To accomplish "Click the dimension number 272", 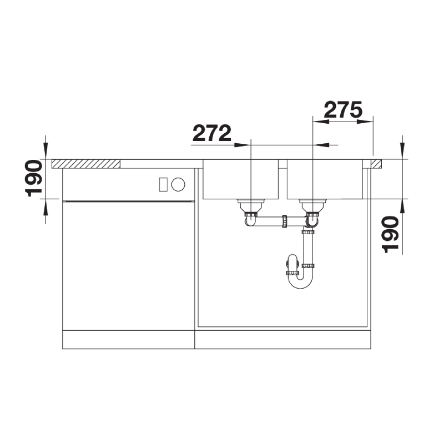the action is pyautogui.click(x=212, y=133).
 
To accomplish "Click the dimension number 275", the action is pyautogui.click(x=343, y=109).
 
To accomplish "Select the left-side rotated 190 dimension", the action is pyautogui.click(x=33, y=178).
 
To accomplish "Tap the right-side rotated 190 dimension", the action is pyautogui.click(x=390, y=234).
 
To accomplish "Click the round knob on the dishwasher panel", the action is pyautogui.click(x=178, y=184).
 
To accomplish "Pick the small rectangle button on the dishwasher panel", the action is pyautogui.click(x=163, y=184).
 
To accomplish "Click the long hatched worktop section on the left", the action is pyautogui.click(x=86, y=164).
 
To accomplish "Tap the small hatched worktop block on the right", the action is pyautogui.click(x=376, y=164).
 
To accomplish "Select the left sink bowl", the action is pyautogui.click(x=241, y=179).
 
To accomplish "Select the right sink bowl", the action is pyautogui.click(x=325, y=179).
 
